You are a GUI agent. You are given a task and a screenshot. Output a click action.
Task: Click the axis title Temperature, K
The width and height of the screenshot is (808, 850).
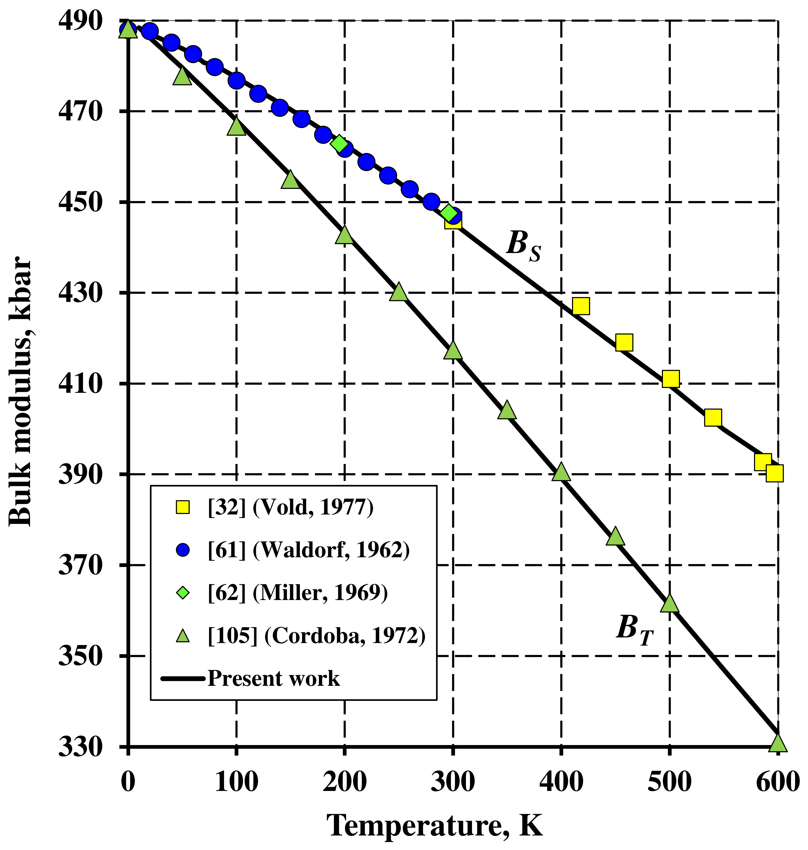click(x=435, y=826)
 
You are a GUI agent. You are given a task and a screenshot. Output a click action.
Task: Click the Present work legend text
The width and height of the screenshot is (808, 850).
click(x=273, y=679)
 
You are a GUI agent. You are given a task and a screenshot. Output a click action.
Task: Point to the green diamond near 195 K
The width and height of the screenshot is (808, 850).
click(x=339, y=144)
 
